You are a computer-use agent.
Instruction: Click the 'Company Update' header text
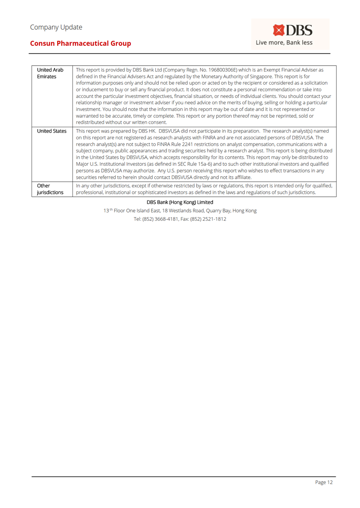[56, 27]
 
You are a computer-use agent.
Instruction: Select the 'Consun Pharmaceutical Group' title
[81, 44]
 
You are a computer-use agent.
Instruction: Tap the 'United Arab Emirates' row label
[49, 73]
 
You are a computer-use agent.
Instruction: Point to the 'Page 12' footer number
[324, 482]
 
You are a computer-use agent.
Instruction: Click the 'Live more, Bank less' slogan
[284, 43]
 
